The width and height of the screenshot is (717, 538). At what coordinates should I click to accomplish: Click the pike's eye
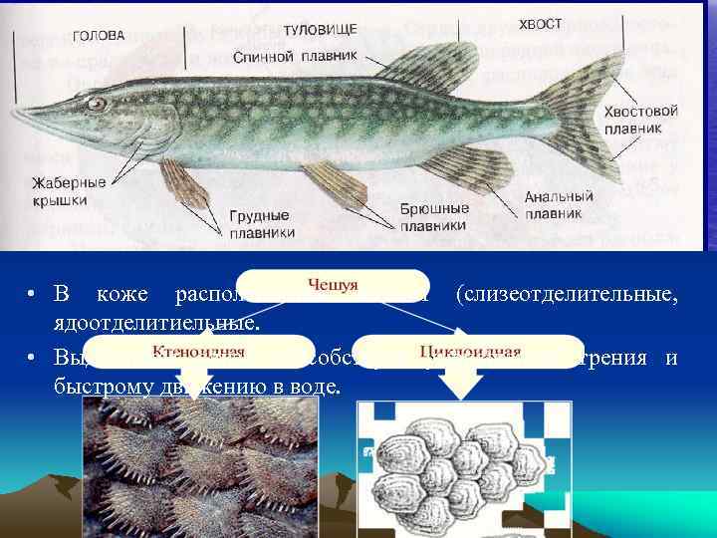[97, 103]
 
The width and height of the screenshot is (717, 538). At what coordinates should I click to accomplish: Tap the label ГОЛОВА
[98, 36]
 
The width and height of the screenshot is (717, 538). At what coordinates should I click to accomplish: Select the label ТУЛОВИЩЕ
[319, 31]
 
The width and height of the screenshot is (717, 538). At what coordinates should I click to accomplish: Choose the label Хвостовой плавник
[640, 121]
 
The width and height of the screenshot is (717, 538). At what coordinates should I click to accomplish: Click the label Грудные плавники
[262, 224]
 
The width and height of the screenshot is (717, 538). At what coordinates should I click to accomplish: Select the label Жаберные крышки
[71, 191]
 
